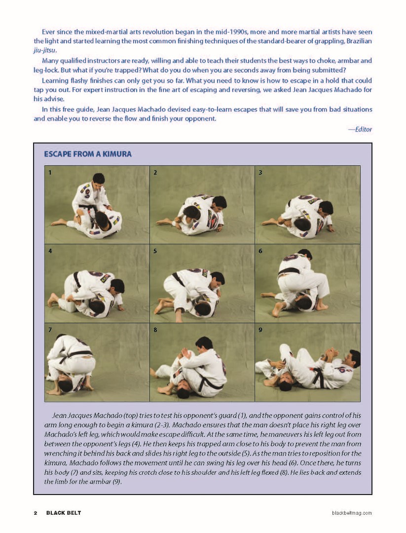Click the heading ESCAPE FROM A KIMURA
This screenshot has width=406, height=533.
[x=88, y=154]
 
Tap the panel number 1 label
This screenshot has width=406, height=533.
[x=50, y=173]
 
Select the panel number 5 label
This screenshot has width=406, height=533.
[x=155, y=251]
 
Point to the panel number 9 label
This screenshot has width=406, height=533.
[x=260, y=330]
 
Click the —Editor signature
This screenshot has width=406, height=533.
[x=360, y=129]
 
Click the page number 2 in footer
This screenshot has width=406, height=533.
[x=36, y=513]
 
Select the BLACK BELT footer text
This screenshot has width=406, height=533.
[x=64, y=513]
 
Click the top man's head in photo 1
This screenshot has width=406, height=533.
[x=99, y=178]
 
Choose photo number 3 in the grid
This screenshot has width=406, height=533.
[x=307, y=204]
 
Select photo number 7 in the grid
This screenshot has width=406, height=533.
[x=97, y=362]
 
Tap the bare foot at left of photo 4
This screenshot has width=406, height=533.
[x=52, y=299]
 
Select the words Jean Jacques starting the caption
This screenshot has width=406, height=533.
[x=72, y=416]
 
